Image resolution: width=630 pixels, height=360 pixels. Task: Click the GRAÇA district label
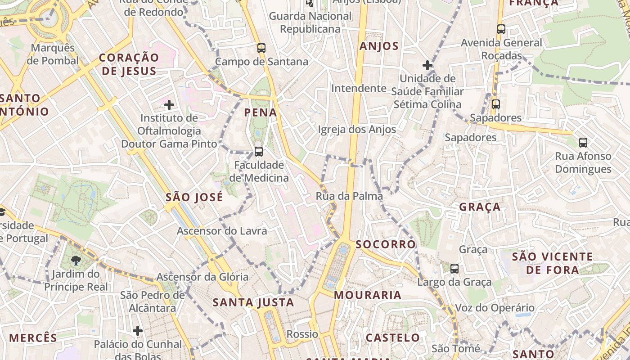click(x=480, y=207)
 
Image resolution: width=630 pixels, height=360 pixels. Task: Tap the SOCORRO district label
click(x=386, y=244)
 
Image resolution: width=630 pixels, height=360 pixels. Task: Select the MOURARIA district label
click(x=368, y=295)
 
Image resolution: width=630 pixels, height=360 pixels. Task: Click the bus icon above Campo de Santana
click(x=261, y=48)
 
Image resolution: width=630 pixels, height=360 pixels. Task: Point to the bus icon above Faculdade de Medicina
click(x=259, y=151)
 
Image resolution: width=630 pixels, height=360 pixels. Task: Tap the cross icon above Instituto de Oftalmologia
click(x=169, y=105)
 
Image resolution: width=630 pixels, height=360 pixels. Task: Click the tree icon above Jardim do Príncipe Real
click(x=76, y=260)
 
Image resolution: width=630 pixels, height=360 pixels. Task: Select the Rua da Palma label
click(x=349, y=196)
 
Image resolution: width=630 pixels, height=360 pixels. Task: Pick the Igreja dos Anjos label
click(x=357, y=130)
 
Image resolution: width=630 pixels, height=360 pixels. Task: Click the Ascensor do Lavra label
click(x=222, y=231)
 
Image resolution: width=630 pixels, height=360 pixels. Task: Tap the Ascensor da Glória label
click(x=202, y=277)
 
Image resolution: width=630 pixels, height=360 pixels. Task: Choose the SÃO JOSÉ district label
click(x=194, y=197)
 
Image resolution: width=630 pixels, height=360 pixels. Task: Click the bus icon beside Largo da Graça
click(x=454, y=269)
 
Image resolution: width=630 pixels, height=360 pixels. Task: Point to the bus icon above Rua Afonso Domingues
click(x=583, y=143)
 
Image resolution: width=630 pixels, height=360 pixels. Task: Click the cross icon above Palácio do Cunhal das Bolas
click(x=138, y=331)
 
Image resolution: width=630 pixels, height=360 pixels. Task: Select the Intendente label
click(x=359, y=88)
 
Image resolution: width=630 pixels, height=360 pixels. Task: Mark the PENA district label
click(x=261, y=112)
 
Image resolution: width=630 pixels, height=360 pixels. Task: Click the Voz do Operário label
click(x=495, y=308)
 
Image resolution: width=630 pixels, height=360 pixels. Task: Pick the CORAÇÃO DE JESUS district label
click(x=129, y=64)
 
